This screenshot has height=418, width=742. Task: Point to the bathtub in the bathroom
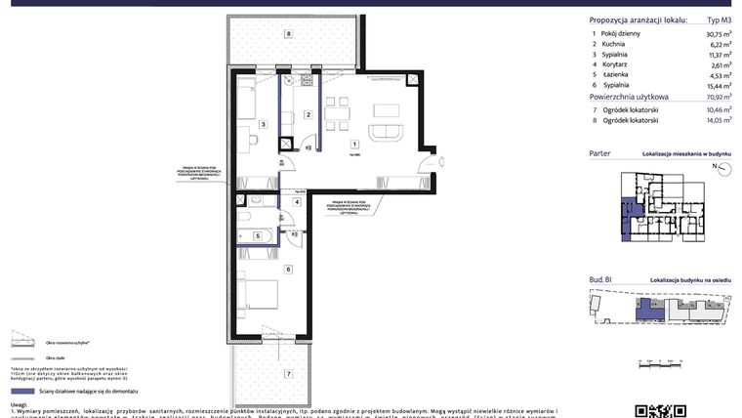[x=259, y=235]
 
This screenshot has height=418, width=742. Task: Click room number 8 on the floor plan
[x=288, y=34]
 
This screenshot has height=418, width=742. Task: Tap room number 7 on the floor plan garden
[x=288, y=373]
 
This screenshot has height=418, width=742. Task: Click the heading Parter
[x=601, y=154]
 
